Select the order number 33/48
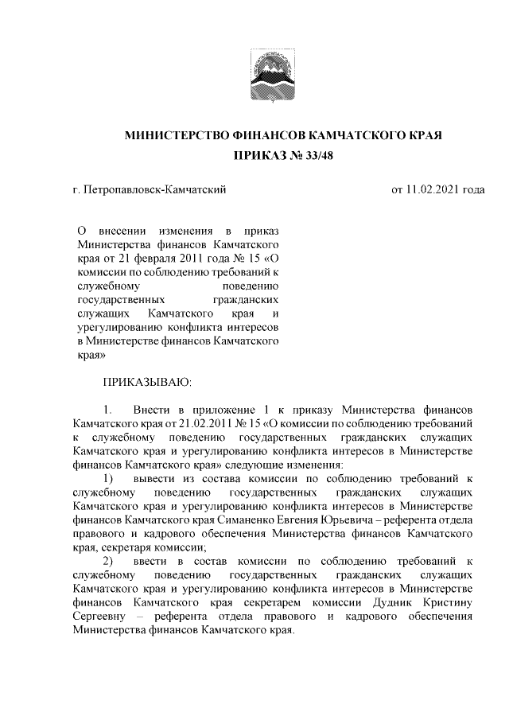318,157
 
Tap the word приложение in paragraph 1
221,409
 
